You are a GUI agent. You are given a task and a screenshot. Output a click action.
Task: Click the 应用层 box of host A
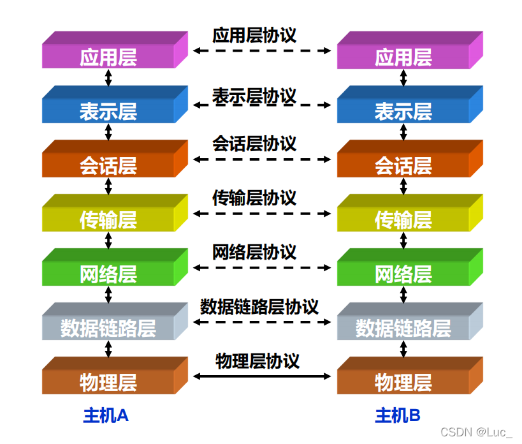[108, 57]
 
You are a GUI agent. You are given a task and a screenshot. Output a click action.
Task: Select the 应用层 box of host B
[403, 57]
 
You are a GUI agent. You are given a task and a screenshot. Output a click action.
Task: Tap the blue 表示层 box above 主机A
[108, 112]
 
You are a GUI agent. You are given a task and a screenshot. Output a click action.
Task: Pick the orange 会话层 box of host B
[403, 166]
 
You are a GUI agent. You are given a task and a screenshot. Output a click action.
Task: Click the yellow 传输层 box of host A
[108, 221]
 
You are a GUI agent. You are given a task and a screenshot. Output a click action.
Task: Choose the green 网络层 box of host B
[403, 275]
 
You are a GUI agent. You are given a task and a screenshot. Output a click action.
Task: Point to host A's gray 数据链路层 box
[108, 329]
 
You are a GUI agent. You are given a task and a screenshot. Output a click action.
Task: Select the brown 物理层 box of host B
[403, 383]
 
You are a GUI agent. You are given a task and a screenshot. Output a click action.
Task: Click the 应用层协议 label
[254, 34]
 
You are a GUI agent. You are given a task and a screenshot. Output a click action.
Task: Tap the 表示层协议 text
[254, 97]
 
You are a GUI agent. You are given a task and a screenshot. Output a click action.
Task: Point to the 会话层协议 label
[254, 143]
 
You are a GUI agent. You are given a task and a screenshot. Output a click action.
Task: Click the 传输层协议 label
[254, 198]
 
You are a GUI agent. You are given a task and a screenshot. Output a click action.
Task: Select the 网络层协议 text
[254, 252]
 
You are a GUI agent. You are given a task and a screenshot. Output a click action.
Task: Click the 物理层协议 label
[257, 361]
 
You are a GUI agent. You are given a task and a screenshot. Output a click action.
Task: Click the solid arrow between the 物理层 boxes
[263, 376]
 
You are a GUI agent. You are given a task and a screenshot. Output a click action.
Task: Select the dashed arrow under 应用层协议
[263, 50]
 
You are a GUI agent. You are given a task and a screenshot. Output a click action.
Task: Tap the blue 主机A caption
[106, 416]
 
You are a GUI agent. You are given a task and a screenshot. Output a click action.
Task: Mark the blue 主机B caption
[398, 416]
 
